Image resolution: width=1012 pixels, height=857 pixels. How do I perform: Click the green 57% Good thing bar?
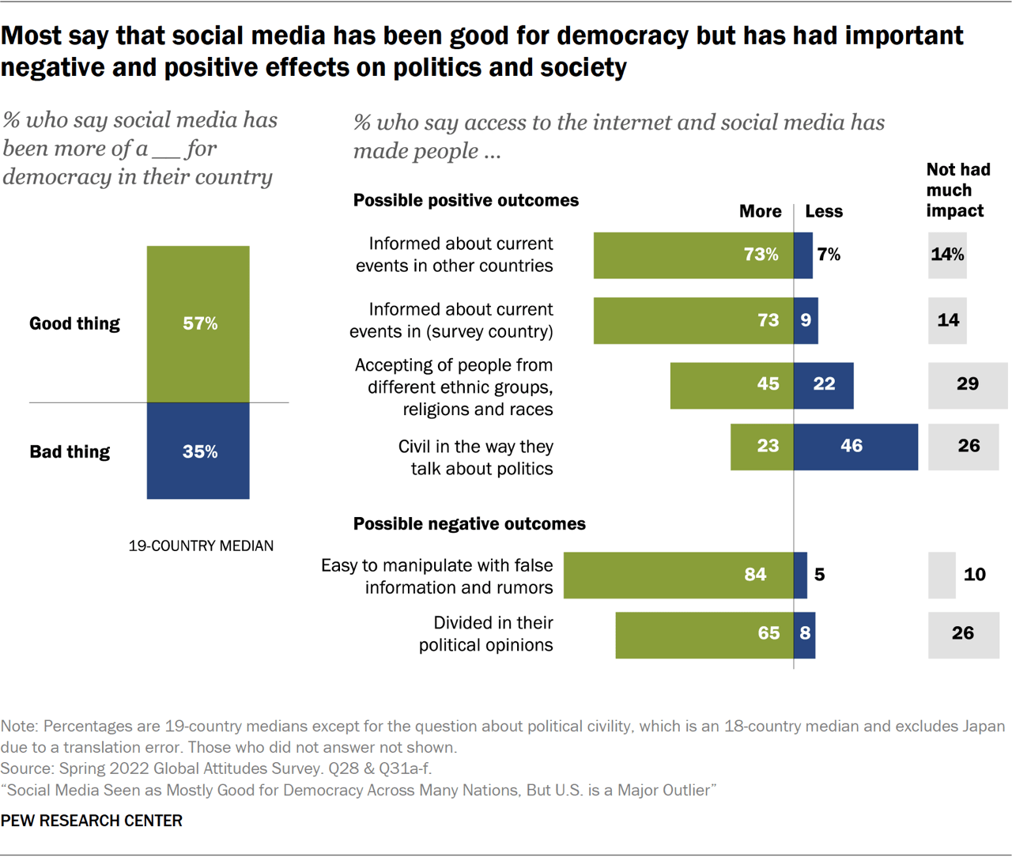pos(198,324)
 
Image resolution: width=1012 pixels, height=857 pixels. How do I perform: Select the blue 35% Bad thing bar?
pos(198,451)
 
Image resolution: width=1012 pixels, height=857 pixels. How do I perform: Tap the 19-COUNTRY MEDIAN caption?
pos(201,546)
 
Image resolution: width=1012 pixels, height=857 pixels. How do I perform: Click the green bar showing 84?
pos(678,575)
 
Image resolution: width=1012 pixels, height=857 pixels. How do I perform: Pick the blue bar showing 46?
pos(855,447)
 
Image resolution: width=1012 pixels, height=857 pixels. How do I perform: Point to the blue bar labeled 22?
pos(823,385)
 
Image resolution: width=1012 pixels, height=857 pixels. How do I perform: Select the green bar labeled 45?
pos(731,385)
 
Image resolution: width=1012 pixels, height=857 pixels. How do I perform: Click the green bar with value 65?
pos(704,635)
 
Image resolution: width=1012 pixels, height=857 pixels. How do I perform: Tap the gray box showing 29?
pos(967,385)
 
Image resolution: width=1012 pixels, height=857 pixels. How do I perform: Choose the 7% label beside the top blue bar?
pos(829,255)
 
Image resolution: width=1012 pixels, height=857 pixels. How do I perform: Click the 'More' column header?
pos(760,211)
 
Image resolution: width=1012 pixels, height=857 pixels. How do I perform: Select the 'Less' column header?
pos(824,211)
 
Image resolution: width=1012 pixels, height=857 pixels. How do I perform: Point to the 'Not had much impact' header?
pos(957,190)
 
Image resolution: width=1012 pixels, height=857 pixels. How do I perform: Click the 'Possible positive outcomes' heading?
pos(466,200)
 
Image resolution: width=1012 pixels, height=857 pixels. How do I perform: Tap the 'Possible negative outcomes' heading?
pos(469,523)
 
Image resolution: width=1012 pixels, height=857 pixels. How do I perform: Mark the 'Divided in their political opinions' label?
pos(486,634)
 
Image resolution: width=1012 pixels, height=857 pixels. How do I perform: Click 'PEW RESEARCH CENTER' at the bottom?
pos(92,821)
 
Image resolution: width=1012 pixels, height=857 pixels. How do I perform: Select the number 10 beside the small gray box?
pos(974,575)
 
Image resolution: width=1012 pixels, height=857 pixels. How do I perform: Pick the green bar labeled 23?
pos(761,447)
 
